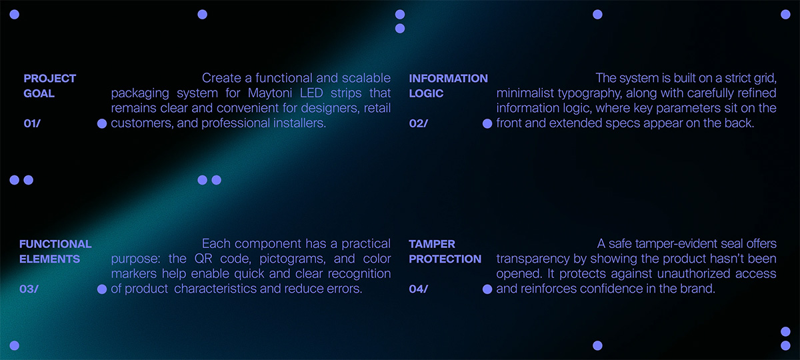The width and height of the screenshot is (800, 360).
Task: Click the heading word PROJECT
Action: coord(49,78)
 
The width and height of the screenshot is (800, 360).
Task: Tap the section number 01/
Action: coord(32,123)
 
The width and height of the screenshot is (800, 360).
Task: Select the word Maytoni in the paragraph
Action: coord(270,93)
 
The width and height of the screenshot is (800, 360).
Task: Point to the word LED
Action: coord(311,93)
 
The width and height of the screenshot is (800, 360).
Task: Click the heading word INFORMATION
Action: coord(448,78)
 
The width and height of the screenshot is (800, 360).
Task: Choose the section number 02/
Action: coord(418,123)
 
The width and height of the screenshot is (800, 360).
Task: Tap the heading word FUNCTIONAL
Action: coord(55,244)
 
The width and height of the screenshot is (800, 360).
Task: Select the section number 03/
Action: coord(29,289)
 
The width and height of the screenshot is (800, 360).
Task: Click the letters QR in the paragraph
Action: coord(203,259)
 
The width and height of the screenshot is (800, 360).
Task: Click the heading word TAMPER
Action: coord(432,244)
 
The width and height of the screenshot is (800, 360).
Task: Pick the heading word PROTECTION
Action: coord(445,259)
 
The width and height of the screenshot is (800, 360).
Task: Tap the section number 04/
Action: coord(418,289)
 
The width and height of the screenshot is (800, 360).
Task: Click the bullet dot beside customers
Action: coord(102,123)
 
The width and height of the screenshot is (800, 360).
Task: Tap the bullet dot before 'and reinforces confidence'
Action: coord(487,289)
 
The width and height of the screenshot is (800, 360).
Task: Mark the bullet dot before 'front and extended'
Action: coord(487,123)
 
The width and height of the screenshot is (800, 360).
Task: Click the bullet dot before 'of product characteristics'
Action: coord(102,289)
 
